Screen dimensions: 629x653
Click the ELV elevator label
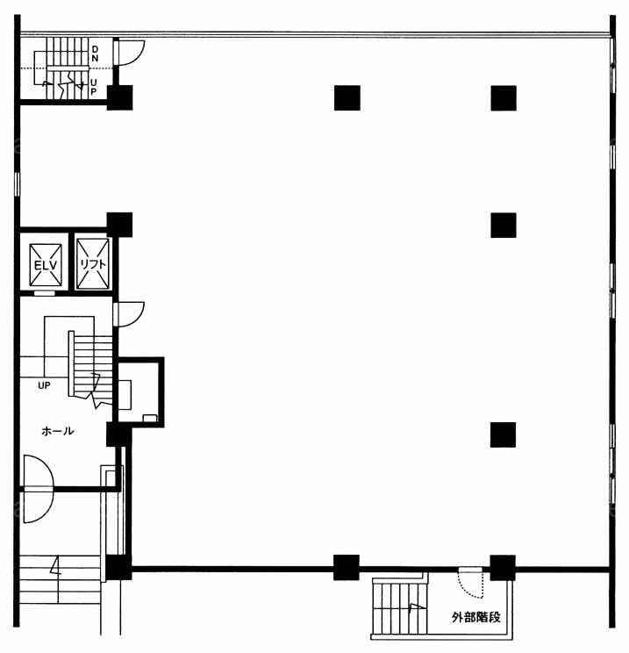[46, 266]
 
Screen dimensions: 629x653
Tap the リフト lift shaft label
[93, 265]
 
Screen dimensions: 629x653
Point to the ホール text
[58, 431]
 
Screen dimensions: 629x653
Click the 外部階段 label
[476, 617]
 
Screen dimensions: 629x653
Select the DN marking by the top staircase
[95, 54]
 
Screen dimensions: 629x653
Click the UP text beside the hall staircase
[44, 385]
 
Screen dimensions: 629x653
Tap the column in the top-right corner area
[504, 98]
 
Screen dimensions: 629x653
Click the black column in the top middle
[347, 98]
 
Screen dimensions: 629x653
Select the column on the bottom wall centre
[347, 568]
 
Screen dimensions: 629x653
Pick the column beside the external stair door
[503, 568]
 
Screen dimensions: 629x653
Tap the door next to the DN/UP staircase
[129, 53]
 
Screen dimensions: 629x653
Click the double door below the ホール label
[39, 489]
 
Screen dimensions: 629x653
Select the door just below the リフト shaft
[129, 315]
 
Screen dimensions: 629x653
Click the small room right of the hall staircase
[139, 392]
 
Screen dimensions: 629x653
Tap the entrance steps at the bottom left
[60, 579]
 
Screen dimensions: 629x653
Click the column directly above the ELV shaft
[119, 225]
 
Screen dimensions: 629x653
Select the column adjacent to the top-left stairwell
[119, 98]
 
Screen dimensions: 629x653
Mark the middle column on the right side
[504, 226]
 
